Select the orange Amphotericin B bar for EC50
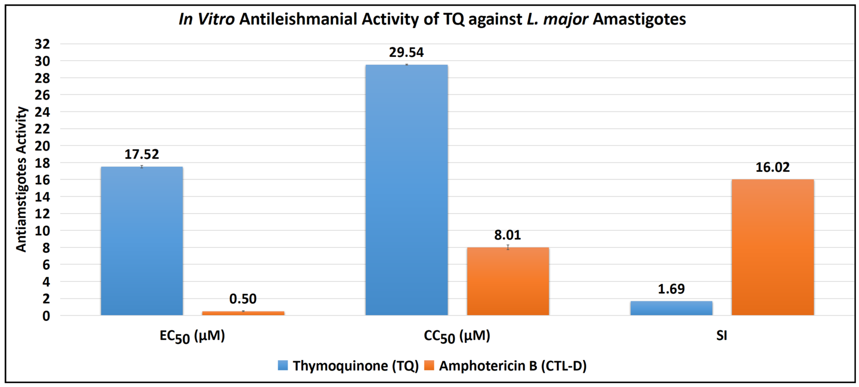pyautogui.click(x=243, y=313)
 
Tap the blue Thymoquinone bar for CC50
pyautogui.click(x=406, y=190)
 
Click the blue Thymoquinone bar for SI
pyautogui.click(x=671, y=308)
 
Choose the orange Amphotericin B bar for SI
pyautogui.click(x=773, y=247)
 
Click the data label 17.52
pyautogui.click(x=142, y=154)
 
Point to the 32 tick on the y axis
pyautogui.click(x=42, y=44)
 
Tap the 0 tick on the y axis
pyautogui.click(x=46, y=316)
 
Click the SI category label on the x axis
pyautogui.click(x=722, y=335)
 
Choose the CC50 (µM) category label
pyautogui.click(x=457, y=336)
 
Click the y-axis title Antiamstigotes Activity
pyautogui.click(x=21, y=179)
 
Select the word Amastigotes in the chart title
pyautogui.click(x=639, y=19)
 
